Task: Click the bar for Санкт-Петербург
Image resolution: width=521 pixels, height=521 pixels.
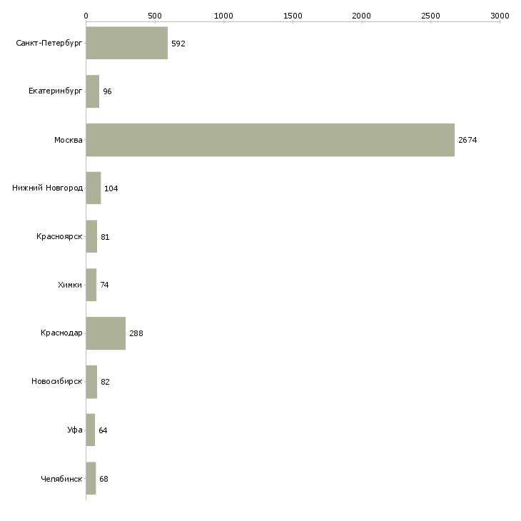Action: point(126,43)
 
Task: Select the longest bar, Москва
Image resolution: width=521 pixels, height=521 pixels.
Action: point(270,140)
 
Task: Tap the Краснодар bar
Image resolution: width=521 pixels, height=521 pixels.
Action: point(106,333)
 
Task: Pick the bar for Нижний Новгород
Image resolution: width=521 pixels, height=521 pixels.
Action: point(93,188)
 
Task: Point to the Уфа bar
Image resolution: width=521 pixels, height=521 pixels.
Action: point(90,430)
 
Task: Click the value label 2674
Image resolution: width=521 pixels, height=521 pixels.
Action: point(467,140)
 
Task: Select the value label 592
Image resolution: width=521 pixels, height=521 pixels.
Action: point(178,44)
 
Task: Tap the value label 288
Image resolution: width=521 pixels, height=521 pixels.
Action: point(136,333)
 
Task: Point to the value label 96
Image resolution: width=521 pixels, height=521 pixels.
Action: point(108,92)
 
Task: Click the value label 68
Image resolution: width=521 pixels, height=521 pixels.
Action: point(104,479)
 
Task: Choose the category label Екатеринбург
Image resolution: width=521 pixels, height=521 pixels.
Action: point(56,91)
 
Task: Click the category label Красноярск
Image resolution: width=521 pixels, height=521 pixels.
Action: point(59,236)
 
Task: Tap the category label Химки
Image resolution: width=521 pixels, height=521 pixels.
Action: point(70,285)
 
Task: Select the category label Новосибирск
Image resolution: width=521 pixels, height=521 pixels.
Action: point(57,382)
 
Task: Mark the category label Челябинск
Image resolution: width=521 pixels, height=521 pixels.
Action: point(61,479)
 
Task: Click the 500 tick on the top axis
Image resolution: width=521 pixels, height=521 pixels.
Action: point(155,15)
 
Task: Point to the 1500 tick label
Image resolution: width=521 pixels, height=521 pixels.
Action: point(293,15)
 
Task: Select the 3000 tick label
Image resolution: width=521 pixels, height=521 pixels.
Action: point(500,15)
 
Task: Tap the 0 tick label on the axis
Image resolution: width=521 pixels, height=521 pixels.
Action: point(86,15)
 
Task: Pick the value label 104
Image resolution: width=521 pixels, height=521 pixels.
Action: point(111,188)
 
